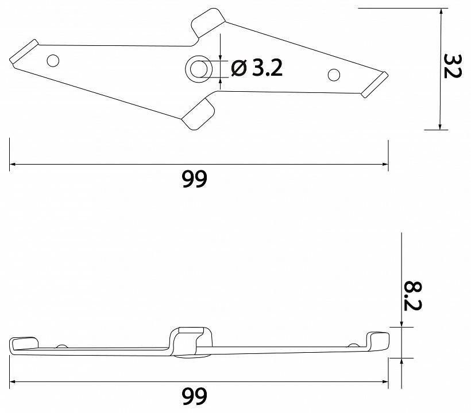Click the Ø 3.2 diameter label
[256, 69]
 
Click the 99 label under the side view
[194, 396]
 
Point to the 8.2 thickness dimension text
[412, 295]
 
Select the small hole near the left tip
[53, 60]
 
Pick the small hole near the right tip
[333, 75]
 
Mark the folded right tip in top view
[375, 84]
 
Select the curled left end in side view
[22, 344]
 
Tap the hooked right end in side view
[378, 341]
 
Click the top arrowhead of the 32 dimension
[441, 12]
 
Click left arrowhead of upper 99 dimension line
[13, 165]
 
